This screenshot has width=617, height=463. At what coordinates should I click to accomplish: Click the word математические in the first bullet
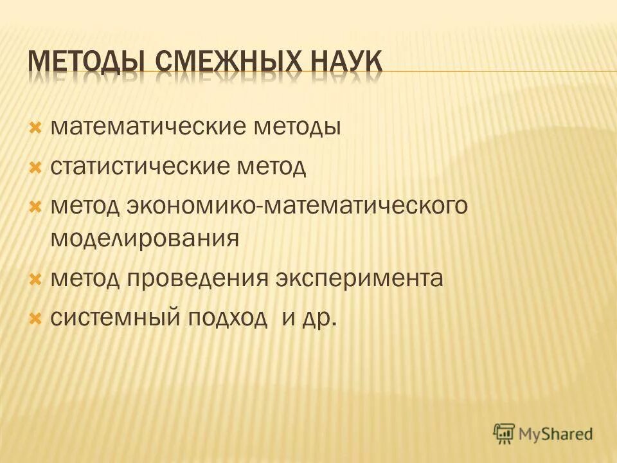pos(147,126)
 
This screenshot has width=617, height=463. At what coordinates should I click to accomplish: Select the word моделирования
pos(145,239)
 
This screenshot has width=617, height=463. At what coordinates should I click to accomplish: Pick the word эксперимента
pos(360,278)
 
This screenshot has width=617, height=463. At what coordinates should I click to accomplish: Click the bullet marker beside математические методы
pos(36,126)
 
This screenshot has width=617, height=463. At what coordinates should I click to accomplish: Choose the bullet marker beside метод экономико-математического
pos(36,207)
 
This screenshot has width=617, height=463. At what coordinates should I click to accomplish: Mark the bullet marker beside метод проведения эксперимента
pos(36,278)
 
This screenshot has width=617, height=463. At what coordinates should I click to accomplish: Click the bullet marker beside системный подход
pos(36,318)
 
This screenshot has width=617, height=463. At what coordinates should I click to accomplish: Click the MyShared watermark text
pos(557,433)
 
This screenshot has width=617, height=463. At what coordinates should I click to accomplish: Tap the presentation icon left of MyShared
pos(505,433)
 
